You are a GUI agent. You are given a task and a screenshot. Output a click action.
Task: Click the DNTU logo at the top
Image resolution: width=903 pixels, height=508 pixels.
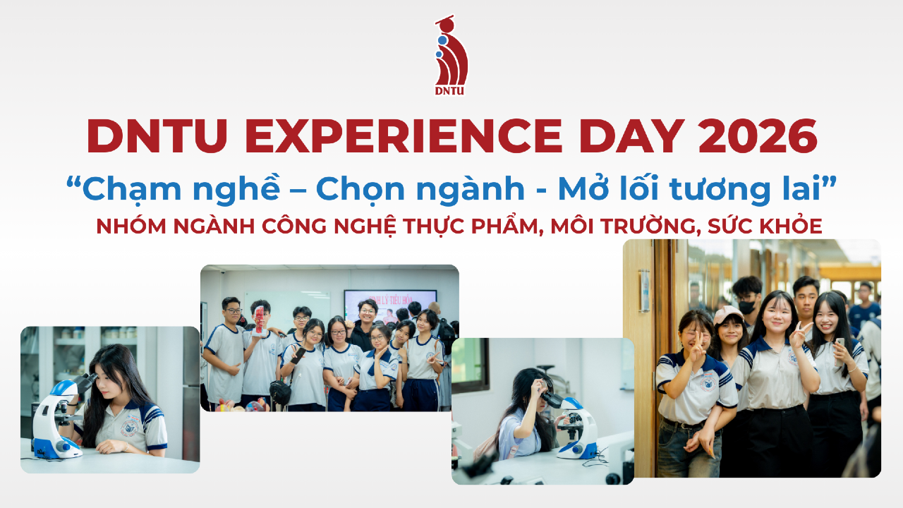click(x=451, y=56)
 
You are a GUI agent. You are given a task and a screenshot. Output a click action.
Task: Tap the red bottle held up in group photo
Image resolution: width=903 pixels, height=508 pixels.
click(x=260, y=320)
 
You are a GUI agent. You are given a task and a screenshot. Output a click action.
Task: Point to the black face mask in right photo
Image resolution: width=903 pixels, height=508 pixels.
click(x=747, y=307)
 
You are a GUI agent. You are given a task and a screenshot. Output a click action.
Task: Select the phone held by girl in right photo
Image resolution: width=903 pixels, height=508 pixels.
click(x=840, y=342)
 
